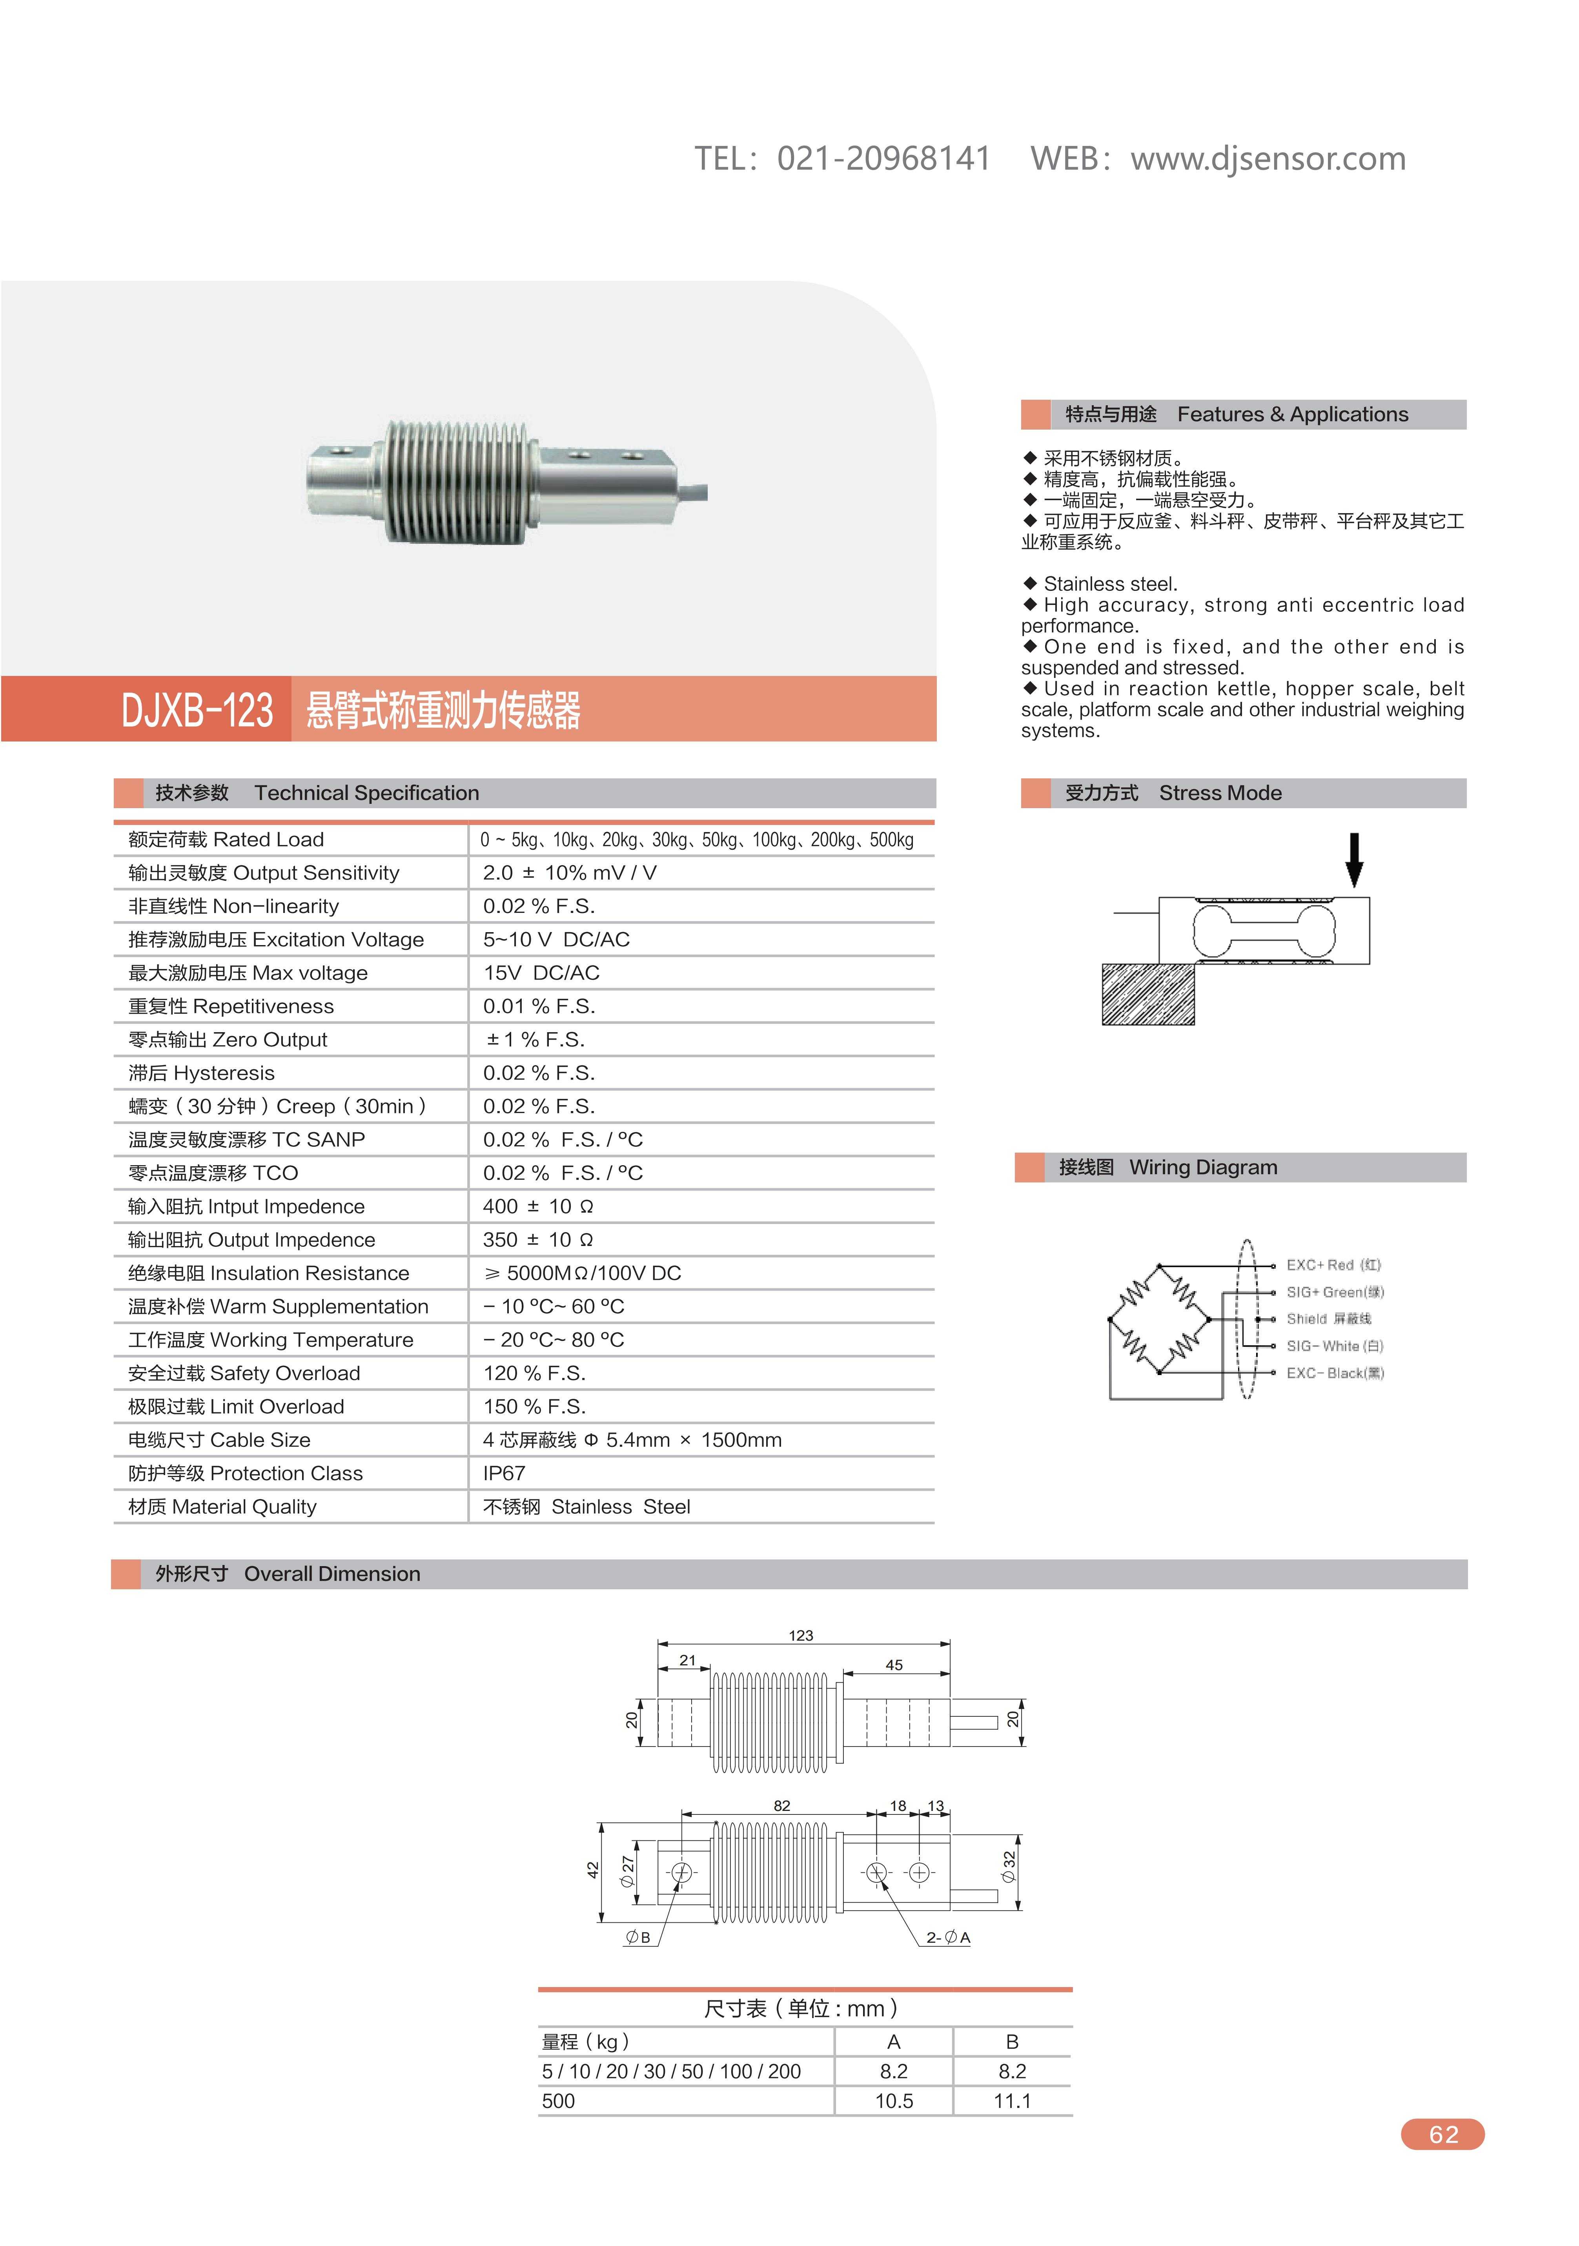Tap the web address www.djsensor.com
point(1268,158)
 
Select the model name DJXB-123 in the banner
point(197,710)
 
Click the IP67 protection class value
point(504,1473)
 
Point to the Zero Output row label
point(228,1040)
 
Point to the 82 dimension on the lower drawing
point(782,1806)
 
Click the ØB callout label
point(638,1937)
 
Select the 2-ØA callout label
point(948,1937)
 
